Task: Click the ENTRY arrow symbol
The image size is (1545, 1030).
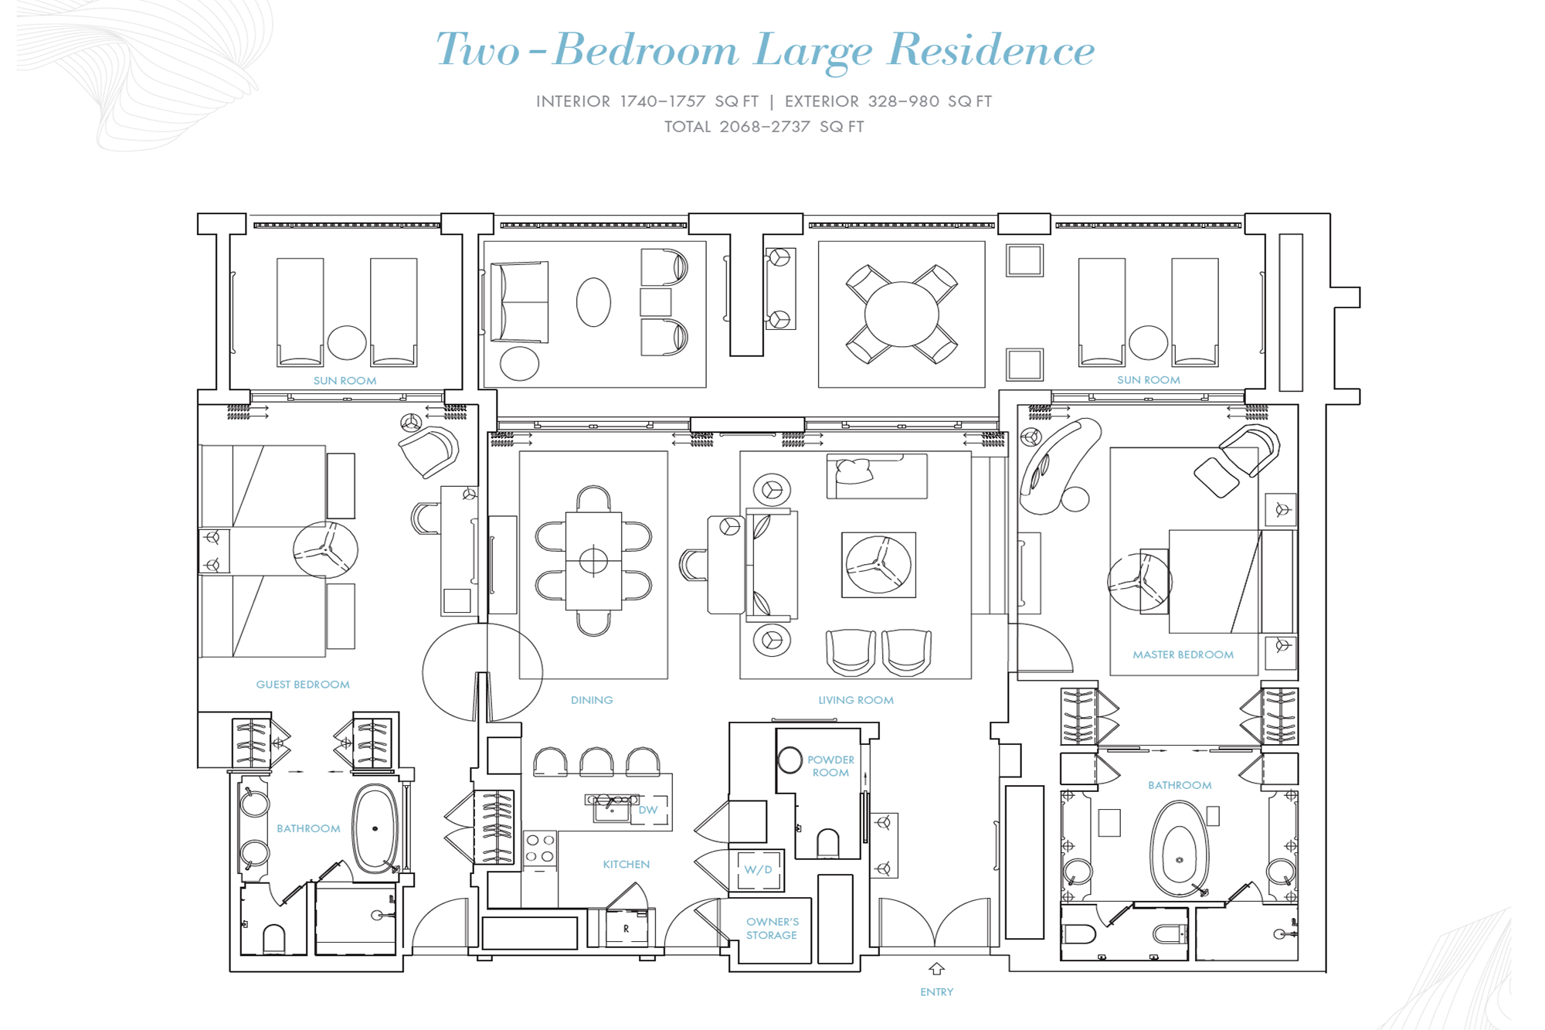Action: tap(936, 969)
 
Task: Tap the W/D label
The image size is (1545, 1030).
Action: tap(758, 869)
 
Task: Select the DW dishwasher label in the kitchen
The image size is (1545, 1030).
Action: tap(647, 810)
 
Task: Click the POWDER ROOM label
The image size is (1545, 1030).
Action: tap(830, 766)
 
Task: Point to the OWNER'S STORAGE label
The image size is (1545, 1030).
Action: tap(772, 928)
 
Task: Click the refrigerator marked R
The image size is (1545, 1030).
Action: tap(626, 928)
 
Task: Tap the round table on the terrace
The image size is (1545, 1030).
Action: tap(902, 314)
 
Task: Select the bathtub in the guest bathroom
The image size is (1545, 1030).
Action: tap(375, 829)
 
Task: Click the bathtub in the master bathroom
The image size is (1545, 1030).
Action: tap(1179, 848)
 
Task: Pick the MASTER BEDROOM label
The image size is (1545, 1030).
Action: tap(1183, 654)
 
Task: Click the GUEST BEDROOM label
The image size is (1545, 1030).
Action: tap(303, 685)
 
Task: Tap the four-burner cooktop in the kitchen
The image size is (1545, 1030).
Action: tap(540, 848)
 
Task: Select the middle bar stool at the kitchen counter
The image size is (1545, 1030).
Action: tap(596, 762)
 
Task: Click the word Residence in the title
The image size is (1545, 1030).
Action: tap(991, 50)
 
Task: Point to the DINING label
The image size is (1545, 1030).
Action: tap(592, 700)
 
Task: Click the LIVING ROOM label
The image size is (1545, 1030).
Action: tap(856, 700)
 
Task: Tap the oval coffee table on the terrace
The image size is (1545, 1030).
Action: tap(593, 302)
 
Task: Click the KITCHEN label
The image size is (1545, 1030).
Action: tap(626, 865)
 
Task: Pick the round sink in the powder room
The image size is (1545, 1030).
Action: tap(789, 760)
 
